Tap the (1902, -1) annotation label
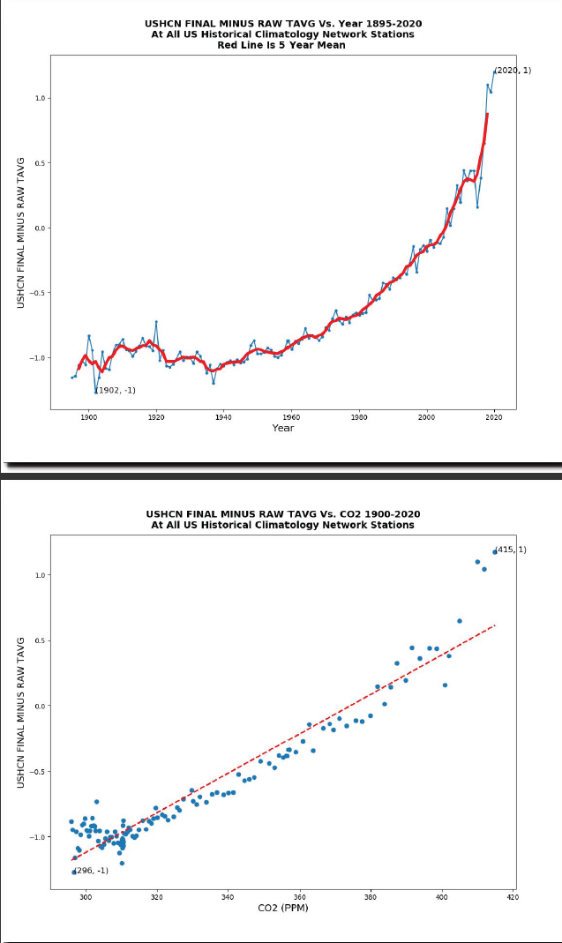coord(116,390)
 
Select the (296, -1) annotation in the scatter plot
coord(91,871)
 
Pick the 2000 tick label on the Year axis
coord(426,417)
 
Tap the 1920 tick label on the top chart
coord(156,417)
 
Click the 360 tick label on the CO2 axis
coord(300,897)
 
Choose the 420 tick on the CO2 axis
coord(513,897)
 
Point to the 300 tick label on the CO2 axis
coord(86,897)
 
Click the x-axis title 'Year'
coord(283,428)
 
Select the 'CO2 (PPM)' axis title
coord(282,908)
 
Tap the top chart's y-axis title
coord(21,231)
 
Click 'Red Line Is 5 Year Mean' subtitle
coord(281,46)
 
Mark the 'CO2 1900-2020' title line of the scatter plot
coord(283,513)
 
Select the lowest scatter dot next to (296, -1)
coord(74,872)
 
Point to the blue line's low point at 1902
coord(95,391)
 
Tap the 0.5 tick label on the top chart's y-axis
coord(39,162)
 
